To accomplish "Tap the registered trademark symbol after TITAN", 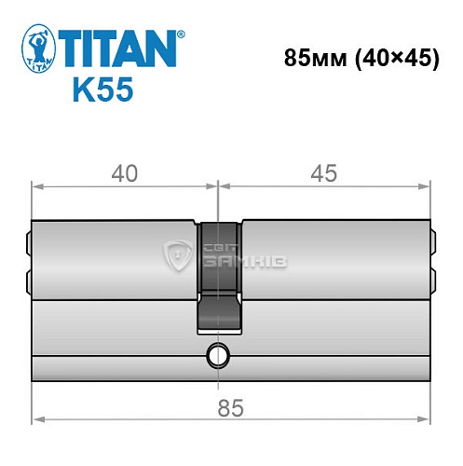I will coord(181,34).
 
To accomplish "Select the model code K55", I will coord(102,91).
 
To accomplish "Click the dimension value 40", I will coord(124,173).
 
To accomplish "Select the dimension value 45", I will coord(324,173).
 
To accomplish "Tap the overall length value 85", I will coord(231,406).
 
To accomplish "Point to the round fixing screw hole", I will coord(220,354).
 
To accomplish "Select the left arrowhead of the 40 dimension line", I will coord(37,186).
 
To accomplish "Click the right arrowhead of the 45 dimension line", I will coord(429,186).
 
